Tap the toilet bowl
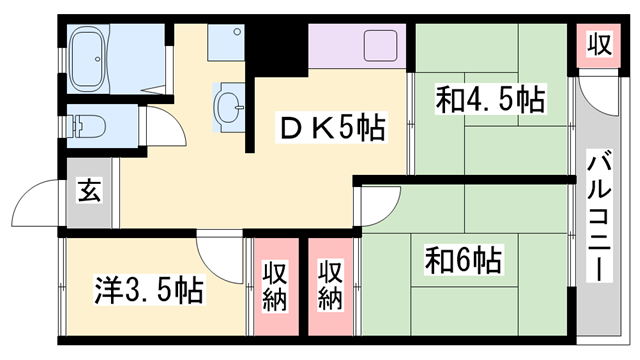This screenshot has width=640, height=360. point(90,125)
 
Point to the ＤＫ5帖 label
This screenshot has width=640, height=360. point(329,128)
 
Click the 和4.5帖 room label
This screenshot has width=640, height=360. point(490,100)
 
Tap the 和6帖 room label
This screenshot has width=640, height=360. point(463,261)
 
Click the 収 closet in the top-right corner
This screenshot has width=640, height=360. point(599,46)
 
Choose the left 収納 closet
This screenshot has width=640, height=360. point(277,287)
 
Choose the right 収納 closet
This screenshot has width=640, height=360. point(332,287)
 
